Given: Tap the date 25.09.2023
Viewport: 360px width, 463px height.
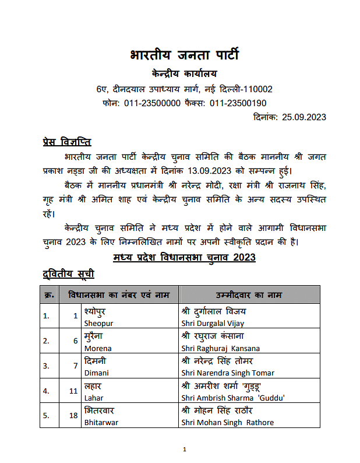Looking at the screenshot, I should point(303,117).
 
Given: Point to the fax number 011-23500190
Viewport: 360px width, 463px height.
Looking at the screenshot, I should point(238,103).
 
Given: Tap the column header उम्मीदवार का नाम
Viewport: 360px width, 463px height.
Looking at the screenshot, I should point(249,294).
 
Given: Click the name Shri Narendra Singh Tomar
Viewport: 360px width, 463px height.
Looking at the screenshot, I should point(228,373).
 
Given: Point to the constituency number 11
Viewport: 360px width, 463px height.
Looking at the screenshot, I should point(73,391).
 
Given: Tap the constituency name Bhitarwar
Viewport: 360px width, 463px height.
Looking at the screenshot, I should point(101,423).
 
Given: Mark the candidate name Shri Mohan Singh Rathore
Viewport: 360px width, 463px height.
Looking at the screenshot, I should point(227,423).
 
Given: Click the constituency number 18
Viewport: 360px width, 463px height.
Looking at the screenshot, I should point(73,416).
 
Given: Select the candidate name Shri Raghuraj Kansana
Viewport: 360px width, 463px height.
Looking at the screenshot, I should point(221,348).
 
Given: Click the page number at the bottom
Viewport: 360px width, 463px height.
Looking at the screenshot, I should point(184,450).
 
